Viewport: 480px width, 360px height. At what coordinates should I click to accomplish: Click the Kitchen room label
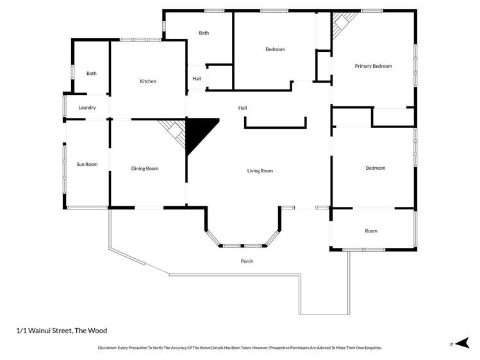(148, 81)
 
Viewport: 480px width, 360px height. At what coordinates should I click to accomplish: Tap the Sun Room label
(87, 165)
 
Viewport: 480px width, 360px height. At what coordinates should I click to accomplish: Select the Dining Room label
(145, 168)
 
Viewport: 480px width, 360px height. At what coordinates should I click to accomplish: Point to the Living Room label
(260, 171)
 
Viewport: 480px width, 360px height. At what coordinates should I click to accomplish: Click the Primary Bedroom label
(373, 66)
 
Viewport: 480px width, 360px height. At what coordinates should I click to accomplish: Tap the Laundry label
(87, 108)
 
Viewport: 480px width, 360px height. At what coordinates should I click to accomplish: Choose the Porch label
(247, 261)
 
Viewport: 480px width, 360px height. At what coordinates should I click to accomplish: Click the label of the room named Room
(371, 231)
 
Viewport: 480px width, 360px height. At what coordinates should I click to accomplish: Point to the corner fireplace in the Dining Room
(173, 130)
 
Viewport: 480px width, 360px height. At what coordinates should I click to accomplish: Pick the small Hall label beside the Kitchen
(197, 79)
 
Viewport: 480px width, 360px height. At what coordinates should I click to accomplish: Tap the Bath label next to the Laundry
(92, 74)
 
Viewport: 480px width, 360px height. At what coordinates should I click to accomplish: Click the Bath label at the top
(204, 33)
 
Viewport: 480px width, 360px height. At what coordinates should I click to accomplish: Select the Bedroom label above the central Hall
(275, 49)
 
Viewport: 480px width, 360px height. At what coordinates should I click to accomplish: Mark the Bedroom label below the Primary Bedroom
(376, 168)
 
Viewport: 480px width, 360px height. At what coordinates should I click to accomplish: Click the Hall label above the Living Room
(242, 108)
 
